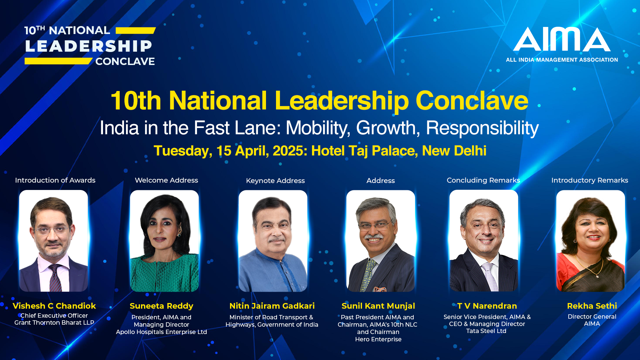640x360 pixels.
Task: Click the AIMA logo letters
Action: point(562,39)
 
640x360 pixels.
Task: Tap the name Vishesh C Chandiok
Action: point(54,306)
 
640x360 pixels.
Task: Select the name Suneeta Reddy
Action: point(161,306)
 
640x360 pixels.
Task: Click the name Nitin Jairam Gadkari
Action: point(272,306)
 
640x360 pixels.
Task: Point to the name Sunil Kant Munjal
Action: point(378,306)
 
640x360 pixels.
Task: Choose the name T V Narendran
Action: point(487,306)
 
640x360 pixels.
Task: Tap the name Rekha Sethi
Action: point(592,306)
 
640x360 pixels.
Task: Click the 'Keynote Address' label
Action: point(275,181)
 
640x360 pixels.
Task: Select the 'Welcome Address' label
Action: point(166,180)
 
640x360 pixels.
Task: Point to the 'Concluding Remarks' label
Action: point(483,180)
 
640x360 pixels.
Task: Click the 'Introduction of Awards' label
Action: point(55,180)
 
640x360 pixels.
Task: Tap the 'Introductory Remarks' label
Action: point(590,180)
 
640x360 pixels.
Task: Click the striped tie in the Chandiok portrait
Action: point(55,278)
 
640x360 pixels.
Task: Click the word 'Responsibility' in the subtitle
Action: point(482,128)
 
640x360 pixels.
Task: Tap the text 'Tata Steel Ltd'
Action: point(486,331)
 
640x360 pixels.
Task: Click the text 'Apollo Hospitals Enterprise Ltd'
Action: point(161,332)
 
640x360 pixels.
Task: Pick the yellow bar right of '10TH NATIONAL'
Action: point(136,31)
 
